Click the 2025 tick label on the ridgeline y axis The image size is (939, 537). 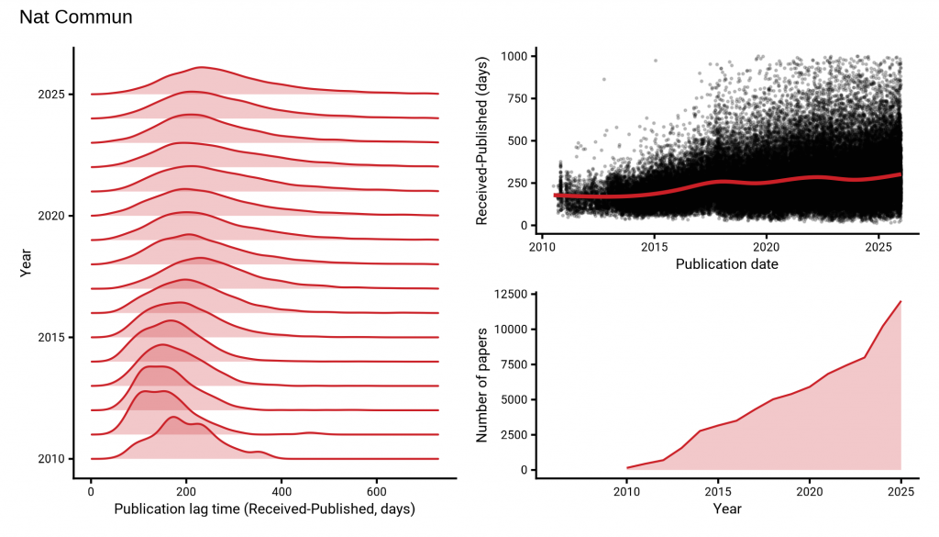pyautogui.click(x=50, y=94)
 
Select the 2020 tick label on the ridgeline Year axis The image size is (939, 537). pyautogui.click(x=50, y=215)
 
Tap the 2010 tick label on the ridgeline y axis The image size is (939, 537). pyautogui.click(x=50, y=458)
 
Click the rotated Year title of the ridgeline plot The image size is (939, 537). pyautogui.click(x=26, y=263)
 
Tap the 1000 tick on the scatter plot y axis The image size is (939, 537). pyautogui.click(x=510, y=56)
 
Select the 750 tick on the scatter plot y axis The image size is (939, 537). pyautogui.click(x=514, y=98)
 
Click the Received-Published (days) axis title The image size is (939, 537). pyautogui.click(x=483, y=140)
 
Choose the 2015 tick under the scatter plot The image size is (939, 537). pyautogui.click(x=654, y=247)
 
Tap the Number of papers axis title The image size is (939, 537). pyautogui.click(x=483, y=381)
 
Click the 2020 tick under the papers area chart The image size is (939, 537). pyautogui.click(x=809, y=492)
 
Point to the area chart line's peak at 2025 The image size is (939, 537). pyautogui.click(x=900, y=301)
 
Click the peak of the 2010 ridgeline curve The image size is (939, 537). pyautogui.click(x=171, y=417)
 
